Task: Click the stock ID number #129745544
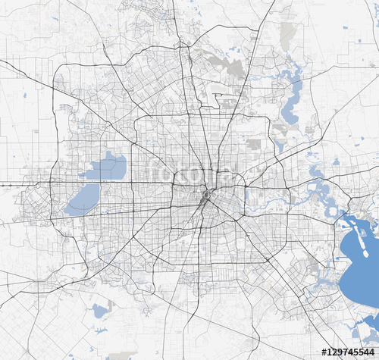tap(349, 352)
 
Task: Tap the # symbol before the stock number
tap(324, 352)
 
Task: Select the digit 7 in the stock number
tap(346, 352)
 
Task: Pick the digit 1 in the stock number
tap(329, 352)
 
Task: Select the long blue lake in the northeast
tap(291, 99)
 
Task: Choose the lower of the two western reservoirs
tap(83, 199)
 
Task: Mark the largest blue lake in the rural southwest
tap(99, 310)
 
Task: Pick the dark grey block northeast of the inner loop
tap(253, 144)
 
